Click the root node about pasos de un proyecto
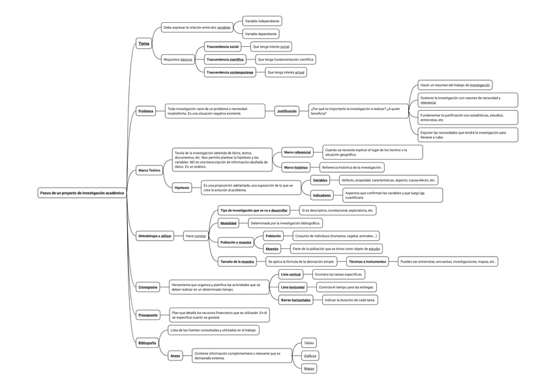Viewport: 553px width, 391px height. tap(82, 193)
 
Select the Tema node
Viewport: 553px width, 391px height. tap(143, 44)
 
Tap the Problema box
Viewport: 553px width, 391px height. tap(145, 111)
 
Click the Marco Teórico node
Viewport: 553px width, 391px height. tap(149, 170)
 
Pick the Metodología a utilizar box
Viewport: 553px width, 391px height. tap(155, 236)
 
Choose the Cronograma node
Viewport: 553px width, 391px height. tap(147, 287)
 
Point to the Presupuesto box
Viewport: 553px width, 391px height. tap(148, 315)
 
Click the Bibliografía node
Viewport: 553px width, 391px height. tap(147, 343)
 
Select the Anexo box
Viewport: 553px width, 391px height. tap(175, 356)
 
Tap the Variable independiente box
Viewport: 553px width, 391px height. tap(262, 21)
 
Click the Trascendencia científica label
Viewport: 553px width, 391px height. tap(225, 59)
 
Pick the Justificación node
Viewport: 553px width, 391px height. tap(287, 111)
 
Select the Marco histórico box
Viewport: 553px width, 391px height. tap(295, 167)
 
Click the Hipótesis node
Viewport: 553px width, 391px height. tap(182, 188)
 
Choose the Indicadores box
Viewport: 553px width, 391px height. tap(322, 195)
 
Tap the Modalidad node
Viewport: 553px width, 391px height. tap(228, 223)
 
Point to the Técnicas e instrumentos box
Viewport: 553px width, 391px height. tap(367, 261)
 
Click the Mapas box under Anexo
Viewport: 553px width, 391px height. tap(309, 369)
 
